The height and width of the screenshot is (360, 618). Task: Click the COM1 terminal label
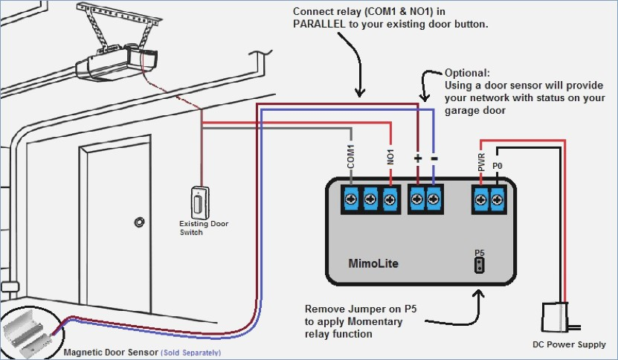(x=351, y=156)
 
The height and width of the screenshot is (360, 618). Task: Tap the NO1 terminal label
(x=390, y=156)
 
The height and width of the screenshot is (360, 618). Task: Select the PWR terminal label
(x=481, y=162)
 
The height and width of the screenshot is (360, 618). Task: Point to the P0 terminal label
(x=498, y=166)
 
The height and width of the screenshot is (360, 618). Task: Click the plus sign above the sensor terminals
(x=418, y=158)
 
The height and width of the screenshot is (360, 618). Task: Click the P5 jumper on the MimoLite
(x=479, y=265)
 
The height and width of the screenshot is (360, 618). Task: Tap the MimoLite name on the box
(x=373, y=263)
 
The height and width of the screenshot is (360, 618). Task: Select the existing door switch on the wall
(x=200, y=202)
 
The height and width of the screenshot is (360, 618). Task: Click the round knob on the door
(x=139, y=222)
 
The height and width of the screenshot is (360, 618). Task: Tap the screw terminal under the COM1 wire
(x=351, y=199)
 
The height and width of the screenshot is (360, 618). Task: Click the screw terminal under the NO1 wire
(x=390, y=199)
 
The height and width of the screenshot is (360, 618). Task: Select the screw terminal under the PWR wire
(x=481, y=199)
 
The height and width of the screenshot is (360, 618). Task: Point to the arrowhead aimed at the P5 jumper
(x=479, y=294)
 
